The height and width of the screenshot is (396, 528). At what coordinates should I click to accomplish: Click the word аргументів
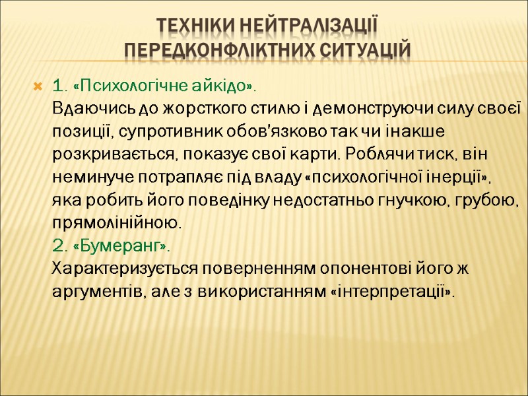pos(94,292)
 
